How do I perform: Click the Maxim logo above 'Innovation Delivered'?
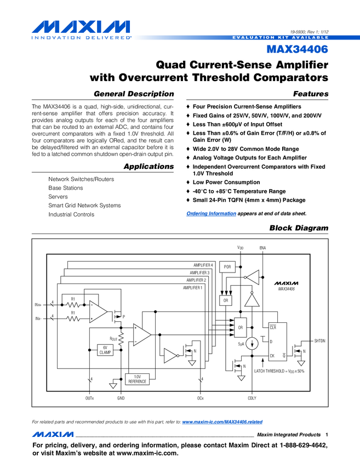(x=81, y=27)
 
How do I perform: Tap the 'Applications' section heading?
(x=148, y=166)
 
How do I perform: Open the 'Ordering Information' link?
(x=211, y=213)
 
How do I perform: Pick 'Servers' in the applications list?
(x=58, y=196)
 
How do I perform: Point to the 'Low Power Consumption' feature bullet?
(x=226, y=182)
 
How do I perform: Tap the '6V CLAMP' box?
(x=105, y=350)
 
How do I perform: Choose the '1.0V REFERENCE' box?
(x=138, y=378)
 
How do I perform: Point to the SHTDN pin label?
(x=319, y=341)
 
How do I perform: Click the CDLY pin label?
(x=252, y=398)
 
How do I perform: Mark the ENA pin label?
(x=262, y=248)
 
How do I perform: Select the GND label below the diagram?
(x=121, y=398)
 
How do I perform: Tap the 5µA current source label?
(x=241, y=344)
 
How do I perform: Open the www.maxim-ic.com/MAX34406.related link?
(x=222, y=422)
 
